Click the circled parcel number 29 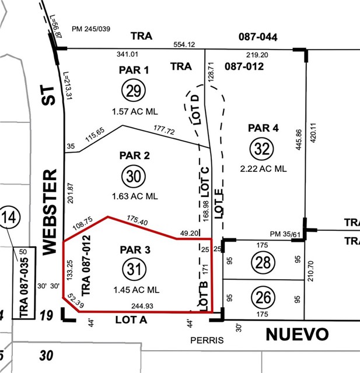click(134, 90)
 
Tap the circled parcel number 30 click(134, 176)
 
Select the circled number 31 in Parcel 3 click(134, 269)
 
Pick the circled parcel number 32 click(263, 149)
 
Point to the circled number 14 click(9, 219)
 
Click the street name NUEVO click(297, 335)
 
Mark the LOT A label click(130, 319)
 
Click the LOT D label click(196, 108)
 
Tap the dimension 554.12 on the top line click(184, 44)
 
